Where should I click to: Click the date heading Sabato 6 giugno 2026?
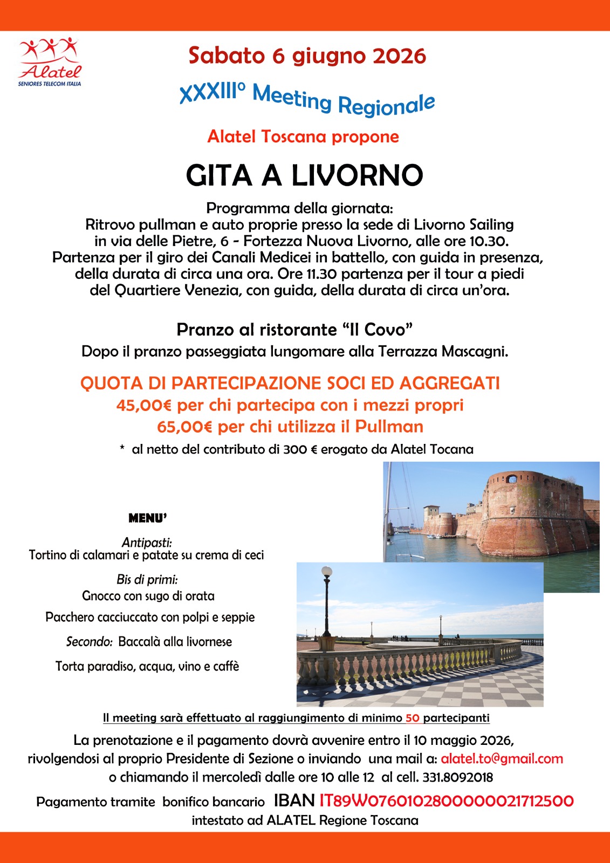click(x=307, y=56)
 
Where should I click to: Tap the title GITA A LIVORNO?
click(x=304, y=175)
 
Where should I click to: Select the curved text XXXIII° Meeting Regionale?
click(x=307, y=99)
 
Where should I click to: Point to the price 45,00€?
click(x=143, y=405)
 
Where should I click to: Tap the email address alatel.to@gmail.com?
click(x=502, y=759)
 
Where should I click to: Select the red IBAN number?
click(x=446, y=801)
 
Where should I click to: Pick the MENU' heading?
click(x=148, y=518)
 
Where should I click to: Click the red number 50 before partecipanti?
click(x=413, y=718)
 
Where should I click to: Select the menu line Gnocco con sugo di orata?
click(x=148, y=596)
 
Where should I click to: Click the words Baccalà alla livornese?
click(x=175, y=642)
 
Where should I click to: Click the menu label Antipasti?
click(x=147, y=542)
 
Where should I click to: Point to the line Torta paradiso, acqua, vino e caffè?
click(x=147, y=666)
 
